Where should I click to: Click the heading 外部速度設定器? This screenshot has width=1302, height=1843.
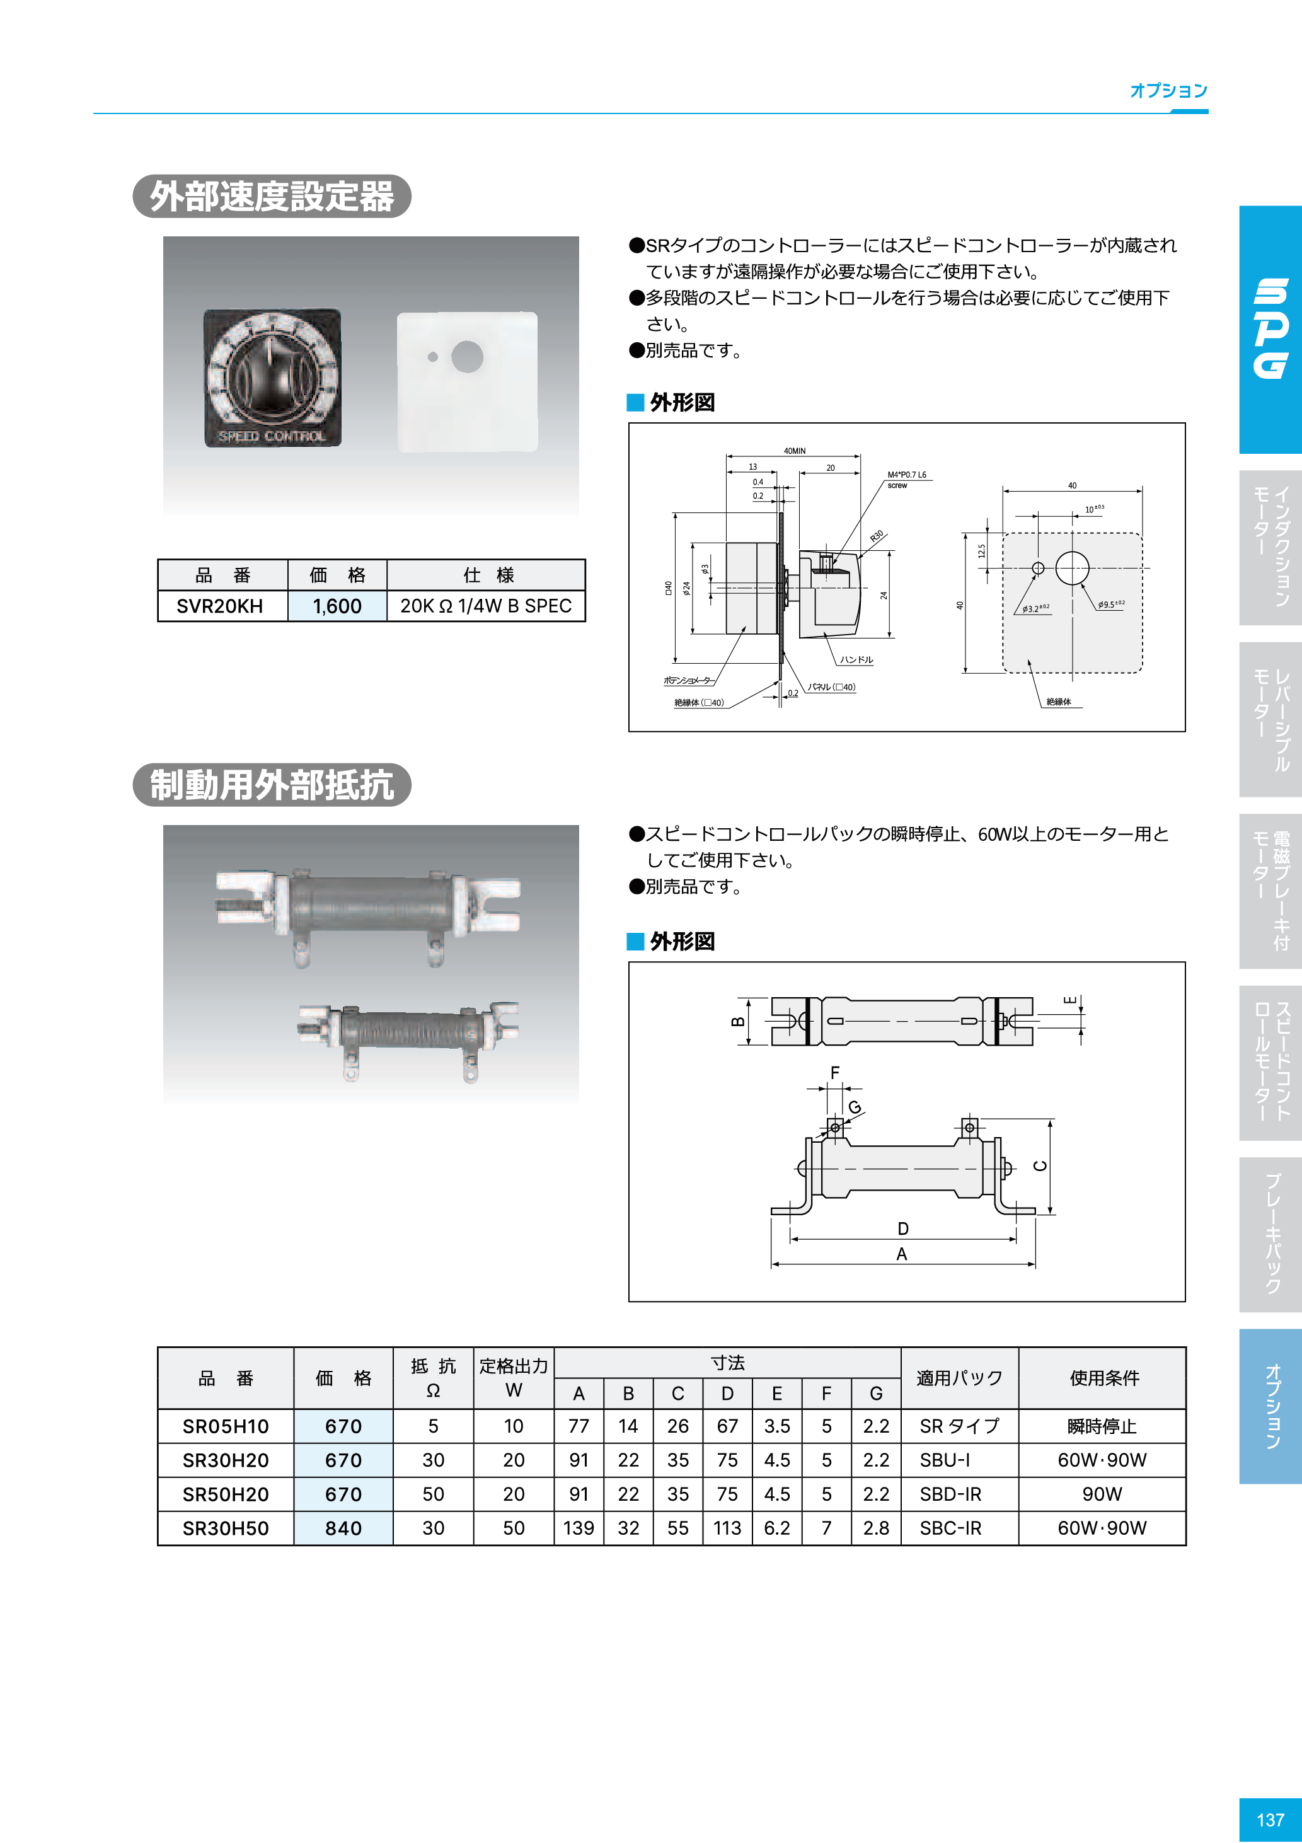tap(272, 197)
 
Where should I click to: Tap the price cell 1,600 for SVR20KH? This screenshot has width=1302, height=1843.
tap(337, 606)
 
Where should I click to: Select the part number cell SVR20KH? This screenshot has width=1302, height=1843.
tap(220, 606)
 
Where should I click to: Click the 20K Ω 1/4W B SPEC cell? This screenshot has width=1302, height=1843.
tap(486, 606)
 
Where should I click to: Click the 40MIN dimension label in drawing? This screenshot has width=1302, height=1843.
tap(794, 451)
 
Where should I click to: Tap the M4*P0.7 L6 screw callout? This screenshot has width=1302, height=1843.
tap(906, 479)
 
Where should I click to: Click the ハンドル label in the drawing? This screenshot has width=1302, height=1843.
tap(856, 660)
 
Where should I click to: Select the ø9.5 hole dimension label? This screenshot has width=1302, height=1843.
tap(1111, 604)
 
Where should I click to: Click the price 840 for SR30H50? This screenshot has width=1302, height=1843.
tap(343, 1528)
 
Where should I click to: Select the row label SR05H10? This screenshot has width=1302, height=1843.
tap(225, 1426)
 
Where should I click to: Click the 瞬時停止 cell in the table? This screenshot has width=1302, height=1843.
tap(1102, 1426)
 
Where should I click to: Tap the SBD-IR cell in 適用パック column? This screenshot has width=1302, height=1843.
tap(950, 1494)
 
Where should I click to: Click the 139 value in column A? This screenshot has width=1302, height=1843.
tap(578, 1528)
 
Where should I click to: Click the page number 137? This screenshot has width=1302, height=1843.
tap(1270, 1819)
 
